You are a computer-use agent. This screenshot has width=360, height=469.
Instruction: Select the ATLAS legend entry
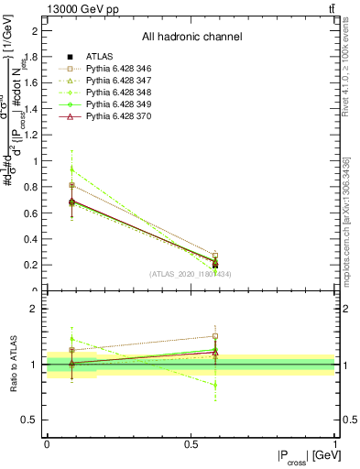click(x=99, y=58)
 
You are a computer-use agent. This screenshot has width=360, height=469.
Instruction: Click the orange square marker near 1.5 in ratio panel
click(x=215, y=336)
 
